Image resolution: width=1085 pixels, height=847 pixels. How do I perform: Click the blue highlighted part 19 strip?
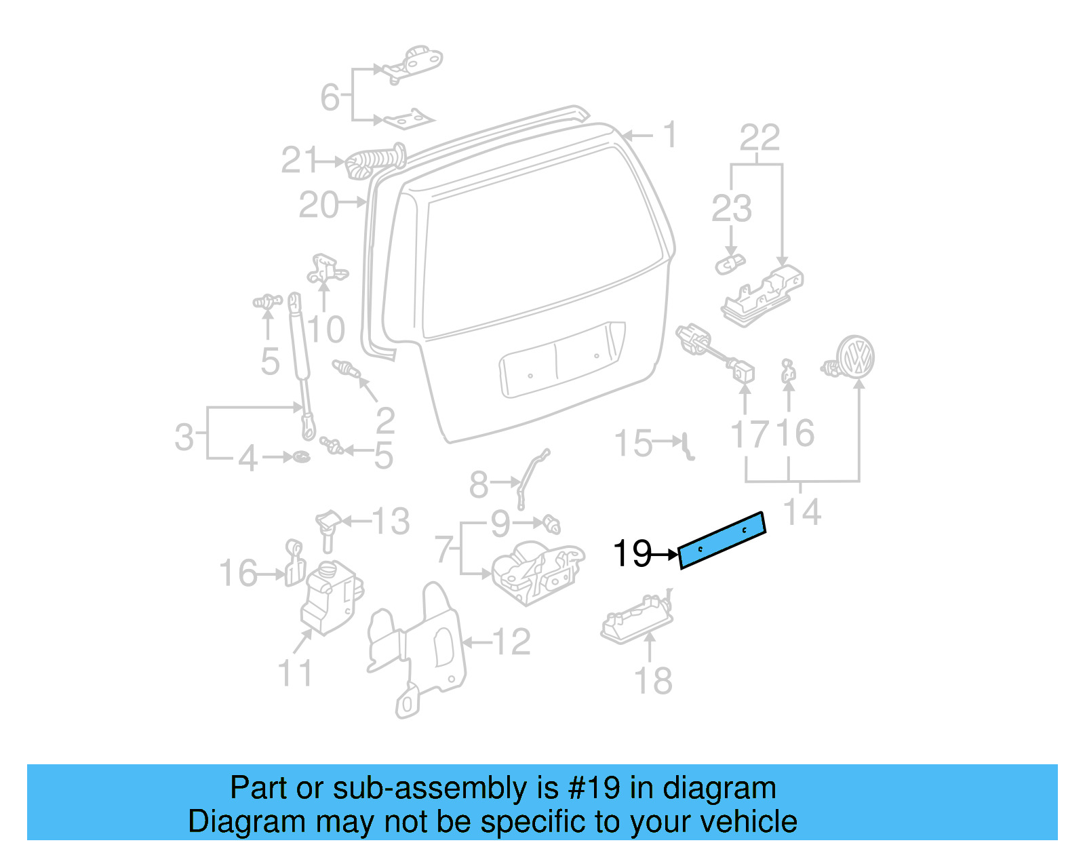(x=722, y=540)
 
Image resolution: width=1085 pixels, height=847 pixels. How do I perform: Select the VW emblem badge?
(x=856, y=355)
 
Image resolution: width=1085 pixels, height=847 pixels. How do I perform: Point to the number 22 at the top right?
(x=759, y=138)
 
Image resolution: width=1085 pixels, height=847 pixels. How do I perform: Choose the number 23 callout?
(x=731, y=209)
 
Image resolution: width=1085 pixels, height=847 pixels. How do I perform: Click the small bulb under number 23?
(x=730, y=264)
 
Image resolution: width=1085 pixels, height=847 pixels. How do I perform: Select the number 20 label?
(x=319, y=205)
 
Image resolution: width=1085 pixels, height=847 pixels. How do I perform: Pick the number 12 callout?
(x=511, y=642)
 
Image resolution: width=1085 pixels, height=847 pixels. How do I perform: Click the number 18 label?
(x=653, y=681)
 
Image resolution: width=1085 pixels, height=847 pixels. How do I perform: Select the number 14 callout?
(x=802, y=512)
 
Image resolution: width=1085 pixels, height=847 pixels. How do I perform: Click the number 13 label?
(x=391, y=521)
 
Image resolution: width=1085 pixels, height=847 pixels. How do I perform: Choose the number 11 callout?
(x=295, y=673)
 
